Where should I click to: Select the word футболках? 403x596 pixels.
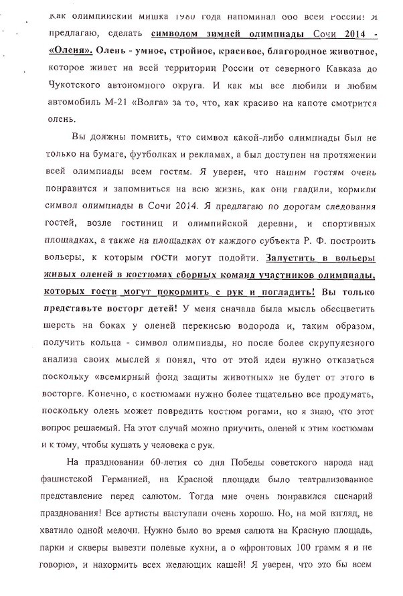tap(143, 173)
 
